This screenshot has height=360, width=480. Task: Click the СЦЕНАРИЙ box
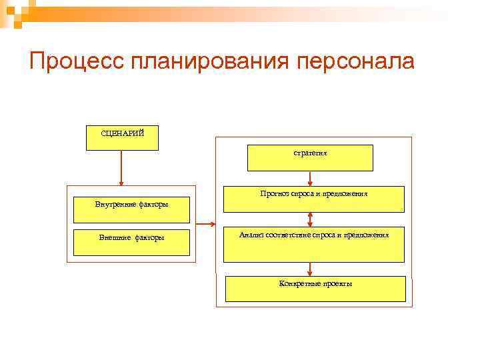pyautogui.click(x=122, y=137)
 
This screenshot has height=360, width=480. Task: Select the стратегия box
pyautogui.click(x=310, y=158)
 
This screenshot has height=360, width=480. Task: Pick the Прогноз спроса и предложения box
pyautogui.click(x=315, y=199)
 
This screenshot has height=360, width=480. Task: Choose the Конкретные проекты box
pyautogui.click(x=315, y=289)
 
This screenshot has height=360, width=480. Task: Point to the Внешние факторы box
pyautogui.click(x=131, y=243)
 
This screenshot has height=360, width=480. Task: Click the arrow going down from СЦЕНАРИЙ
pyautogui.click(x=121, y=167)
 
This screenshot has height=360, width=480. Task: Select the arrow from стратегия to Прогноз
pyautogui.click(x=311, y=178)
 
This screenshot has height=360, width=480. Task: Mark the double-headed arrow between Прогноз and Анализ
pyautogui.click(x=311, y=220)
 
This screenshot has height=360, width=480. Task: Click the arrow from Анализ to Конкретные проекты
pyautogui.click(x=311, y=269)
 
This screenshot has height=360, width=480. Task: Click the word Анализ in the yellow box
pyautogui.click(x=251, y=235)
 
